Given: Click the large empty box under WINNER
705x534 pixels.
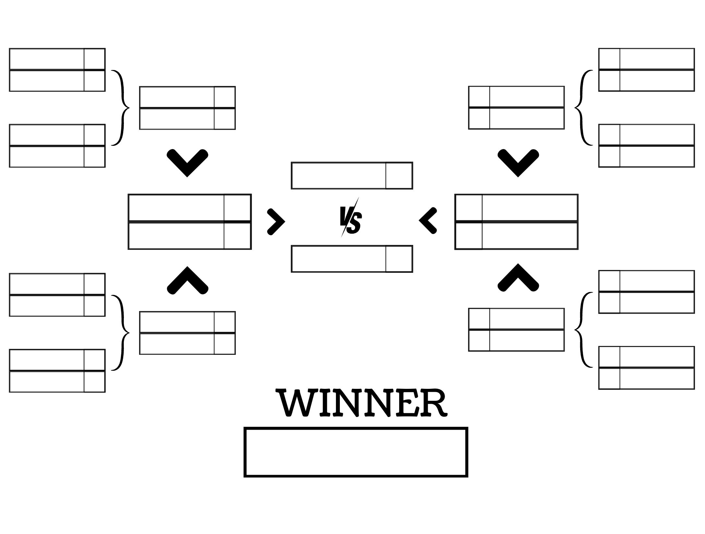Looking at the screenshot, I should click(x=356, y=452).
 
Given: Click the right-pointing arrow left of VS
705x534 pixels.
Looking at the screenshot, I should click(x=276, y=222).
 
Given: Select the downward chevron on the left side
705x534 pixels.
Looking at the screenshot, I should click(x=187, y=162).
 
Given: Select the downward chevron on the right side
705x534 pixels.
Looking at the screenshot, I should click(x=518, y=162).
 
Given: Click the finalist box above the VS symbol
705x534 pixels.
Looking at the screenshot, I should click(x=339, y=176).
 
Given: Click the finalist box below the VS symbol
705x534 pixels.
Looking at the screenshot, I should click(x=339, y=259).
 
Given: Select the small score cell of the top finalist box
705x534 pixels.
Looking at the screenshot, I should click(x=399, y=176).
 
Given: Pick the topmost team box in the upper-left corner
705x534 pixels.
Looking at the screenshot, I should click(x=47, y=59).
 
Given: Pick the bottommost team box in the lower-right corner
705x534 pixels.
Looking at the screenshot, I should click(x=657, y=378).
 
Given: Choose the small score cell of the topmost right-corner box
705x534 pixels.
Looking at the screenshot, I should click(x=609, y=59).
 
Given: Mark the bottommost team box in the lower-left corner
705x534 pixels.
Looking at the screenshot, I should click(x=47, y=382).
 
